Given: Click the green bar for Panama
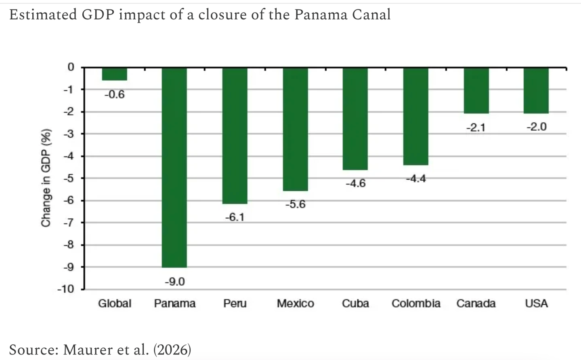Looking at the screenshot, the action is [x=174, y=167].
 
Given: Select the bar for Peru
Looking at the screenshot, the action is [x=235, y=136].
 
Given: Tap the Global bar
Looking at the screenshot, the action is [x=114, y=74].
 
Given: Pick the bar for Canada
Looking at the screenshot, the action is [x=476, y=91].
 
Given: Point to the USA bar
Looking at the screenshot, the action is [x=536, y=91].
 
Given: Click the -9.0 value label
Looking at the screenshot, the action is [x=175, y=281].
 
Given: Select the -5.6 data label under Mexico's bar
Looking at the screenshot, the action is [x=296, y=204].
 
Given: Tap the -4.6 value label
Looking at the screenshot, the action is [x=356, y=184].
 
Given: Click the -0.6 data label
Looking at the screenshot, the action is [x=115, y=94].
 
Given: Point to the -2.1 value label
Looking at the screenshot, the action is [x=476, y=128].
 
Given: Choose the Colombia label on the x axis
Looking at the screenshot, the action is [x=416, y=303].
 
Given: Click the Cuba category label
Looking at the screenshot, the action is [x=355, y=303].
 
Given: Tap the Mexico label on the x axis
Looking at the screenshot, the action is [x=296, y=303].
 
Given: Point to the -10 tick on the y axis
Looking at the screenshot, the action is [x=66, y=289].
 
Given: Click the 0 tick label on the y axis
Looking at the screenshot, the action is [x=71, y=67].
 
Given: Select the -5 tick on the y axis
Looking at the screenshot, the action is [x=69, y=178].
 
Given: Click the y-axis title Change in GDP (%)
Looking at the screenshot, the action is [x=46, y=178].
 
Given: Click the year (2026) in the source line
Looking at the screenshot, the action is [x=172, y=350].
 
